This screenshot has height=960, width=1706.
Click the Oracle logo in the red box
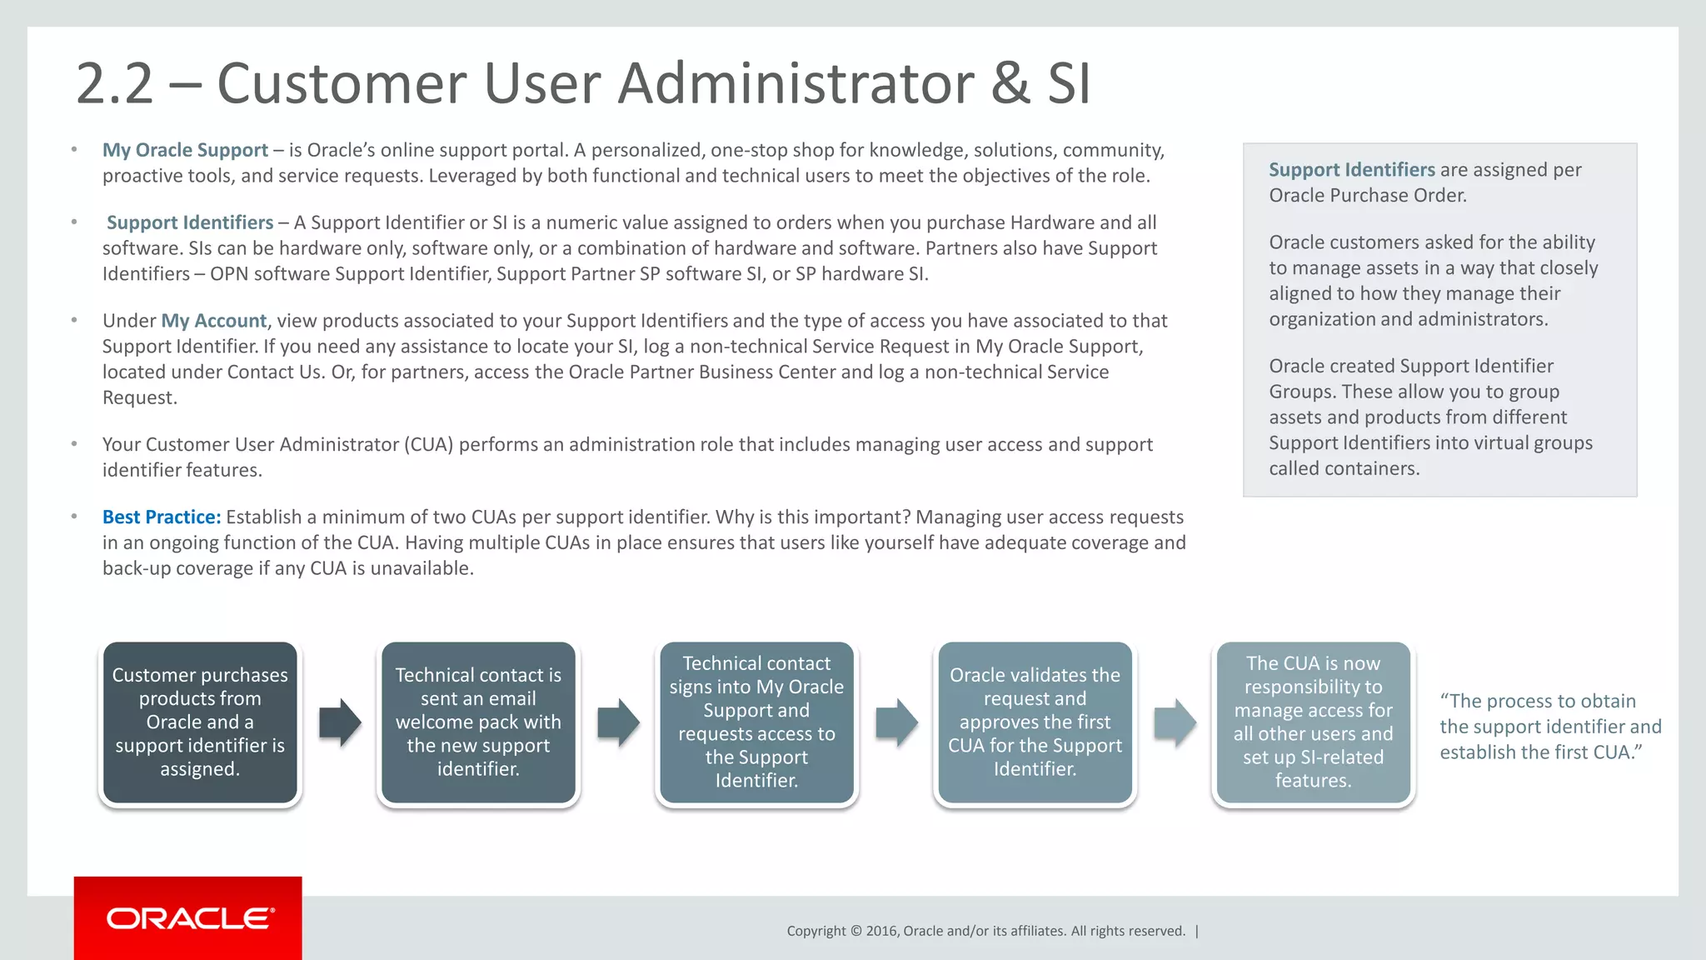coord(189,918)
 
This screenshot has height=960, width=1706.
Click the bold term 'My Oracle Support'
coord(185,150)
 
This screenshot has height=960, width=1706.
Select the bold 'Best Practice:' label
coord(162,517)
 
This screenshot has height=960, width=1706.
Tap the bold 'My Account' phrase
coord(213,321)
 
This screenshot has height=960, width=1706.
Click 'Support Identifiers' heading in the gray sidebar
coord(1351,170)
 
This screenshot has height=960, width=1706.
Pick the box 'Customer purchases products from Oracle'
coord(200,722)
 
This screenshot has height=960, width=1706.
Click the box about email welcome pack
coord(478,722)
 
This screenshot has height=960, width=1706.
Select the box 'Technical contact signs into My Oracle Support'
coord(756,722)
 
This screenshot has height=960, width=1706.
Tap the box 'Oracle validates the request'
coord(1035,722)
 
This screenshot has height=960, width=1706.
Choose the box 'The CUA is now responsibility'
coord(1313,722)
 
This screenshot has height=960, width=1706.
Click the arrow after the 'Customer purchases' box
coord(340,722)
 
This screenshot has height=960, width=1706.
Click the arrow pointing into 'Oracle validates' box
coord(896,722)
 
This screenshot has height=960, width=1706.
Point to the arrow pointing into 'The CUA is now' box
coord(1175,722)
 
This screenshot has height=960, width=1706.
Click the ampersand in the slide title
coord(1010,83)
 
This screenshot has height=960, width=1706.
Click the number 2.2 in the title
coord(114,83)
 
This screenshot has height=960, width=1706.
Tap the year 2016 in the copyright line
coord(882,931)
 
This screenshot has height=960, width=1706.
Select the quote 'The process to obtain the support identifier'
coord(1549,727)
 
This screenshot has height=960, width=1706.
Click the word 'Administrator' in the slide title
coord(796,83)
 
